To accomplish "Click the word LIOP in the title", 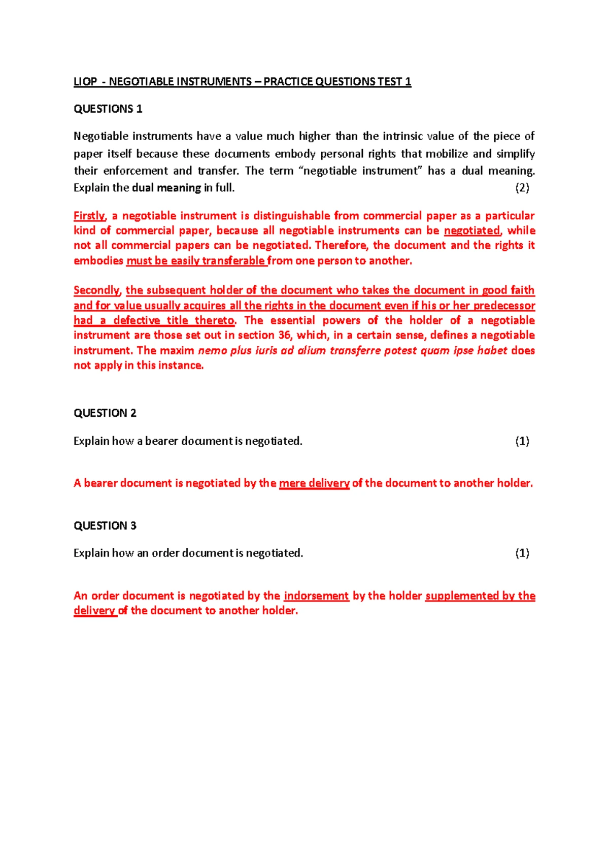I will [85, 82].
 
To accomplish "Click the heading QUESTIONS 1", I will [108, 109].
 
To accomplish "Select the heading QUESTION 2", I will [105, 413].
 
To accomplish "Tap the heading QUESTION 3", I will [105, 526].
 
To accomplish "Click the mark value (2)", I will [522, 188].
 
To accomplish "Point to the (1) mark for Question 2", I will [522, 441].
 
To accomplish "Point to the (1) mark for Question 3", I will [522, 553].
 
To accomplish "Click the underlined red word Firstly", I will [89, 216].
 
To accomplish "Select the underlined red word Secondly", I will [97, 290].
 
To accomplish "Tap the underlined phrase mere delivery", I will [314, 483].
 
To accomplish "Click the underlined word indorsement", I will [316, 596].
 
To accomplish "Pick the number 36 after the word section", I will [285, 335].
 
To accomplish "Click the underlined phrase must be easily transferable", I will [195, 261].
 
